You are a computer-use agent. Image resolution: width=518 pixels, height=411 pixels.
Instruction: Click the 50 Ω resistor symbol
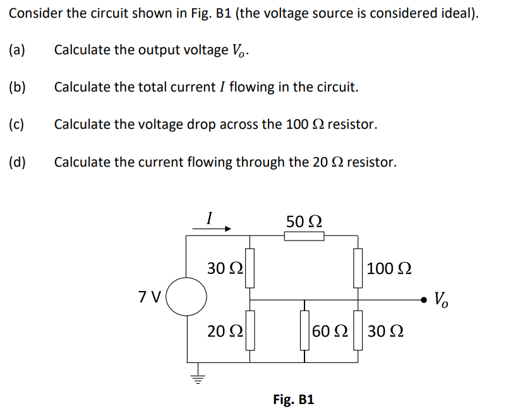(304, 236)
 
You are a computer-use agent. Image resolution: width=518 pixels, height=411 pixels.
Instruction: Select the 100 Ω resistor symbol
(358, 268)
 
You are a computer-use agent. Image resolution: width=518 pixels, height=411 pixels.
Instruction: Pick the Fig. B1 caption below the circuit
(293, 399)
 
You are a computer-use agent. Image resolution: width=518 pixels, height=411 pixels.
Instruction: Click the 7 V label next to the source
(150, 295)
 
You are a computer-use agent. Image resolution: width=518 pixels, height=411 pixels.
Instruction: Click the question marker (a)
(18, 49)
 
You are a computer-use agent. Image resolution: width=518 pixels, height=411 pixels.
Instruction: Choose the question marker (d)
(18, 162)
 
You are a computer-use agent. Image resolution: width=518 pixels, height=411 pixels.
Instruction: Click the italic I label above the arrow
(209, 217)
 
